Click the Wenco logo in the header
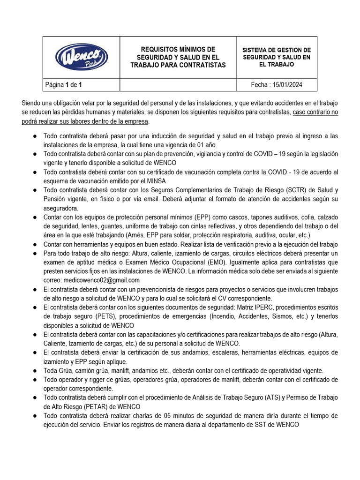click(x=82, y=57)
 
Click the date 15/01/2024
click(x=277, y=85)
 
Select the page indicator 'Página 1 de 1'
click(x=64, y=85)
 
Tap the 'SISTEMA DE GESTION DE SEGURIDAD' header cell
click(x=277, y=57)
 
